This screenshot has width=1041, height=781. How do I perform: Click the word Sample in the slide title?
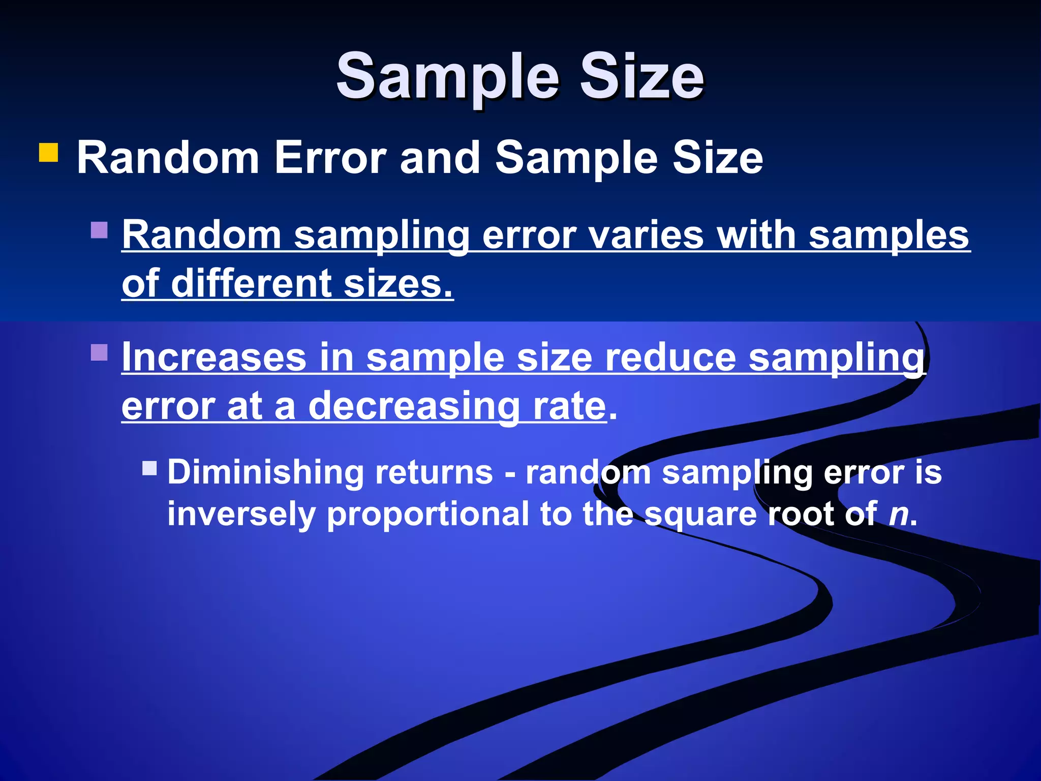point(447,77)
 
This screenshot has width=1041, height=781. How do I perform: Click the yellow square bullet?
point(48,152)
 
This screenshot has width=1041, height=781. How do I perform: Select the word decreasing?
point(414,406)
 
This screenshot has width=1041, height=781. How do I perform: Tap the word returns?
point(434,472)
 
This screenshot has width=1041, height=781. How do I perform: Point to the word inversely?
point(242,514)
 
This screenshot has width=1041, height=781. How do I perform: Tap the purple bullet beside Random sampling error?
point(99,230)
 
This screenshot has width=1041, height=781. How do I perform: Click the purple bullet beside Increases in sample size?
point(99,352)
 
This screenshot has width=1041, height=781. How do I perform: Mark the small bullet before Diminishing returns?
point(149,468)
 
